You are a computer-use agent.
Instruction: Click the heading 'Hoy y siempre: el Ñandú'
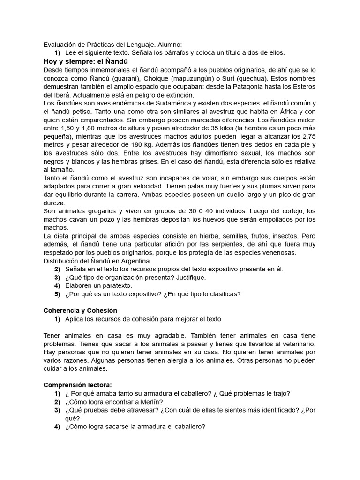click(85, 61)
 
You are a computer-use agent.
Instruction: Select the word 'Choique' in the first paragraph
click(167, 78)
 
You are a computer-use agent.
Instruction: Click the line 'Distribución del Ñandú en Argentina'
click(96, 261)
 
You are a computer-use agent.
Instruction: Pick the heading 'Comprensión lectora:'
click(78, 385)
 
